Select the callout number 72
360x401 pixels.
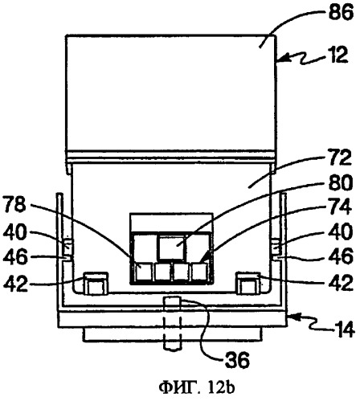[339, 158]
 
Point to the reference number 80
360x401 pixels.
[341, 183]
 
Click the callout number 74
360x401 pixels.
[339, 207]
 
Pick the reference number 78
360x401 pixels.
[14, 205]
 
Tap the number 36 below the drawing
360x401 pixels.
[237, 360]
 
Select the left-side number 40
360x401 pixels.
[15, 232]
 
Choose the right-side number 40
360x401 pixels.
[341, 232]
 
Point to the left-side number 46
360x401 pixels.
[15, 257]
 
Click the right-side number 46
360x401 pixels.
[341, 256]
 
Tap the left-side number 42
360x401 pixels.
[15, 283]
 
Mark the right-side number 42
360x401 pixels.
[341, 283]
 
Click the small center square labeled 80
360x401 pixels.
[171, 247]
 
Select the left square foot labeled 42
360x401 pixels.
[96, 284]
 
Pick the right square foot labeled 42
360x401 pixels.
[247, 284]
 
